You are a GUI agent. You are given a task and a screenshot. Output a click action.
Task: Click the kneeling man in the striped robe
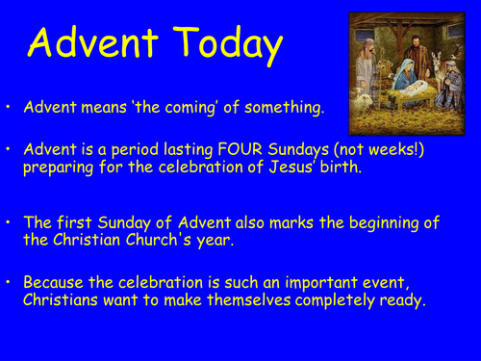click(449, 85)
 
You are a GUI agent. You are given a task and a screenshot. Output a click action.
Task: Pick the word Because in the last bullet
click(54, 282)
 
